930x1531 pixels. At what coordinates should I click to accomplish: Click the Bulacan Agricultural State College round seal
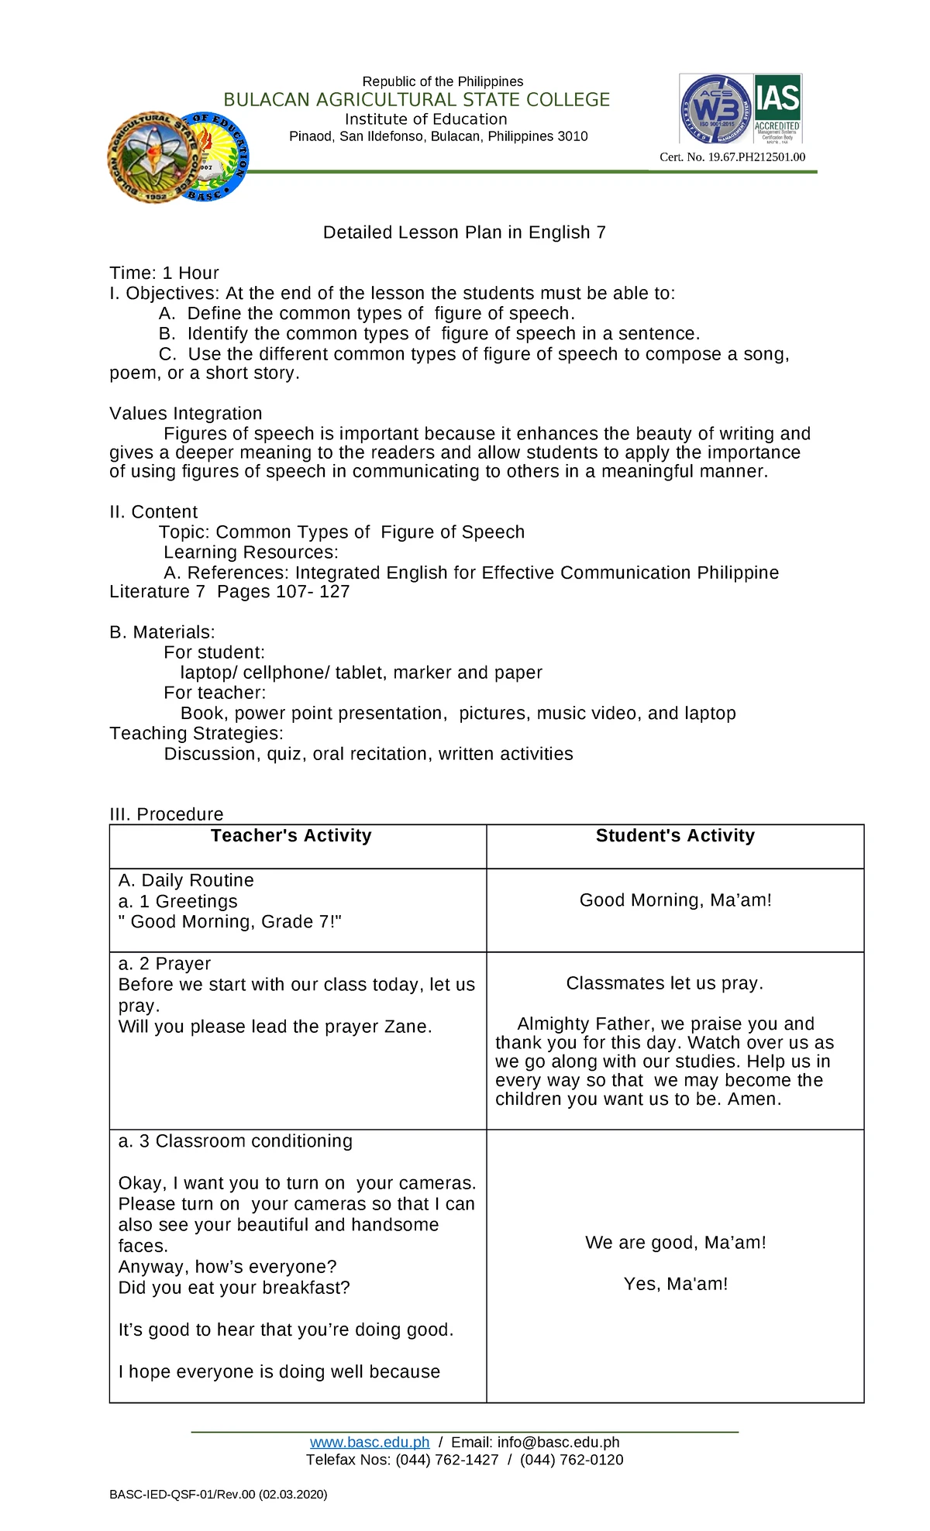coord(152,157)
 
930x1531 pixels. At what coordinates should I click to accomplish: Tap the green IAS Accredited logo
coord(777,108)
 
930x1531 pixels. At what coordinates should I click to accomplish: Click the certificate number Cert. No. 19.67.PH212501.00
coord(732,157)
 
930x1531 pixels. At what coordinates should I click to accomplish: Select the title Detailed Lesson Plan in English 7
coord(464,232)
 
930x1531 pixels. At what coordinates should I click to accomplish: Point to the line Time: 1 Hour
coord(164,273)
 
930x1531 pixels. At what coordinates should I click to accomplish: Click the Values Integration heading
coord(186,414)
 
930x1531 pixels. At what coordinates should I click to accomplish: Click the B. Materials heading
coord(162,632)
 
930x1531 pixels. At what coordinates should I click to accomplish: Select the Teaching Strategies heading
coord(196,734)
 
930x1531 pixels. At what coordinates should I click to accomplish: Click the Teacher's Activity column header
coord(291,836)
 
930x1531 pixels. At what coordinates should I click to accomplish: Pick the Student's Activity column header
coord(675,836)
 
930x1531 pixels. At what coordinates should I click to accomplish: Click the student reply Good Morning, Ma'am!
coord(675,900)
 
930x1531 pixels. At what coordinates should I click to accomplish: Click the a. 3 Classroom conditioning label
coord(236,1141)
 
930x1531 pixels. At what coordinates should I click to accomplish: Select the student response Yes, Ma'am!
coord(675,1284)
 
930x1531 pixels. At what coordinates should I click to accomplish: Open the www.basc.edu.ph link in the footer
coord(370,1442)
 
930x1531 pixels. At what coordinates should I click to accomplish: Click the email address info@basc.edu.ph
coord(558,1442)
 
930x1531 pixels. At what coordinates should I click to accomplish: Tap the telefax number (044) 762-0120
coord(571,1460)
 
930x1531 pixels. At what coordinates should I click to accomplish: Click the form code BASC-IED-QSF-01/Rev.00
coord(183,1494)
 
